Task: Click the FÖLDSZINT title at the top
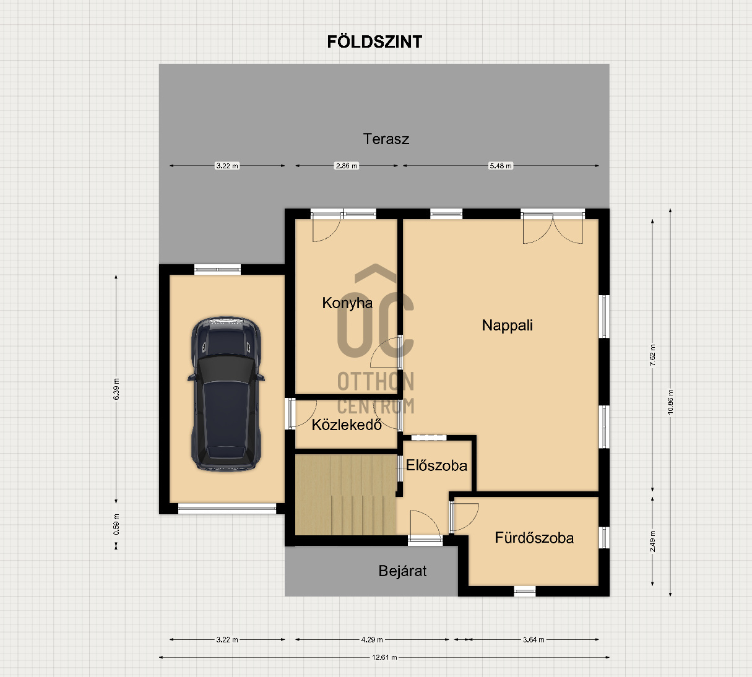374,41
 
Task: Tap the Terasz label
386,139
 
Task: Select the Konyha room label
347,303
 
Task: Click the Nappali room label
507,325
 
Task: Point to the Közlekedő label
347,425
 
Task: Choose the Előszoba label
436,465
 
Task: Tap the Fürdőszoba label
534,538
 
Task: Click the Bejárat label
402,571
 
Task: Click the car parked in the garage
226,394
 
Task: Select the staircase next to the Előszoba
345,494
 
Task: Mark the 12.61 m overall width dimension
384,657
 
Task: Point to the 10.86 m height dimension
670,402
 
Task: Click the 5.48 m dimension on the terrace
501,166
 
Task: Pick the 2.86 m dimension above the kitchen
347,166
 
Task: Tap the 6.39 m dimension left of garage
116,389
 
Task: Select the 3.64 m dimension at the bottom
534,640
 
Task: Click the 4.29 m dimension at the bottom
372,640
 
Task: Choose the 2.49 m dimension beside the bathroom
653,540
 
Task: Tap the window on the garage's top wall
217,269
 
